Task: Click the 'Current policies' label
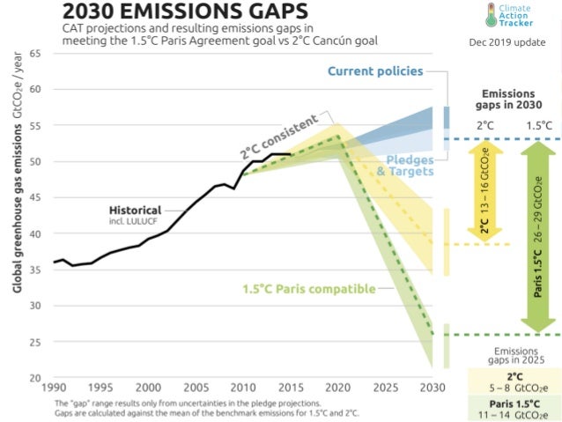[375, 70]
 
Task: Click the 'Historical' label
[135, 211]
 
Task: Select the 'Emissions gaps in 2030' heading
[508, 99]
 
